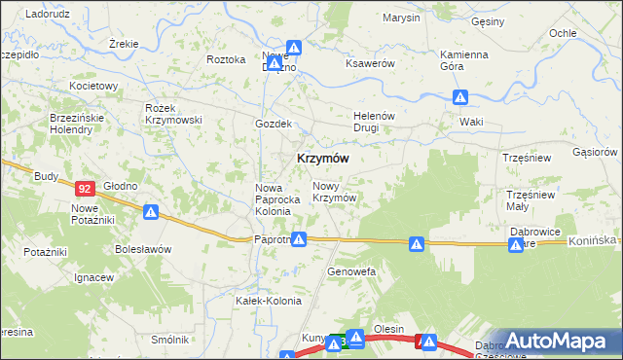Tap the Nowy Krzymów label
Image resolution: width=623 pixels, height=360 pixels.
(333, 192)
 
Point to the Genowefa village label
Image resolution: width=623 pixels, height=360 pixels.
(351, 271)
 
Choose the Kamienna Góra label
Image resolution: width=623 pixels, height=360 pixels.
(463, 60)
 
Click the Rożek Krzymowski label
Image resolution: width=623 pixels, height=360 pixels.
(172, 113)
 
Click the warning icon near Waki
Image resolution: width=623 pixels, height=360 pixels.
(460, 97)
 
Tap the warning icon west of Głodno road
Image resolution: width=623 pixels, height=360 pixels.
(151, 211)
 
